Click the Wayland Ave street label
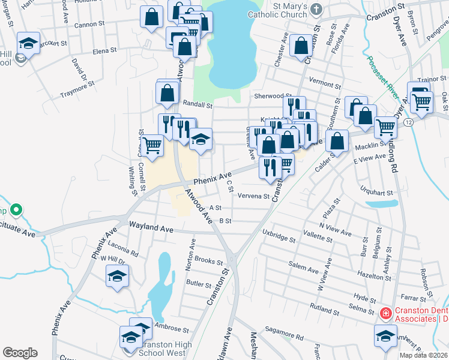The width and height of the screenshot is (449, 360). point(151,228)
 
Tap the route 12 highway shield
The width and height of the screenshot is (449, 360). point(408,122)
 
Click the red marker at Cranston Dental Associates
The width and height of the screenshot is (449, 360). point(385,313)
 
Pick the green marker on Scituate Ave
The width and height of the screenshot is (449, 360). point(17,210)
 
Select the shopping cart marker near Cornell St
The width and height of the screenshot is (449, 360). point(152,145)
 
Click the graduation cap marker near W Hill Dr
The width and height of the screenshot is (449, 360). point(118,276)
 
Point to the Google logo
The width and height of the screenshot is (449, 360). point(20,353)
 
